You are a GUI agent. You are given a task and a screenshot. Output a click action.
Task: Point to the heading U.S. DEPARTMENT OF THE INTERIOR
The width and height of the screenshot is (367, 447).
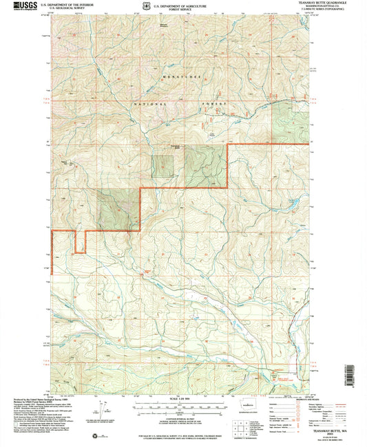click(x=67, y=3)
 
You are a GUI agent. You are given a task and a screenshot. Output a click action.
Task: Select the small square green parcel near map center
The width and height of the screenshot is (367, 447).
click(x=162, y=166)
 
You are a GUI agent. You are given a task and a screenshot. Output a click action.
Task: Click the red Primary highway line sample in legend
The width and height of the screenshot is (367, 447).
click(x=297, y=396)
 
